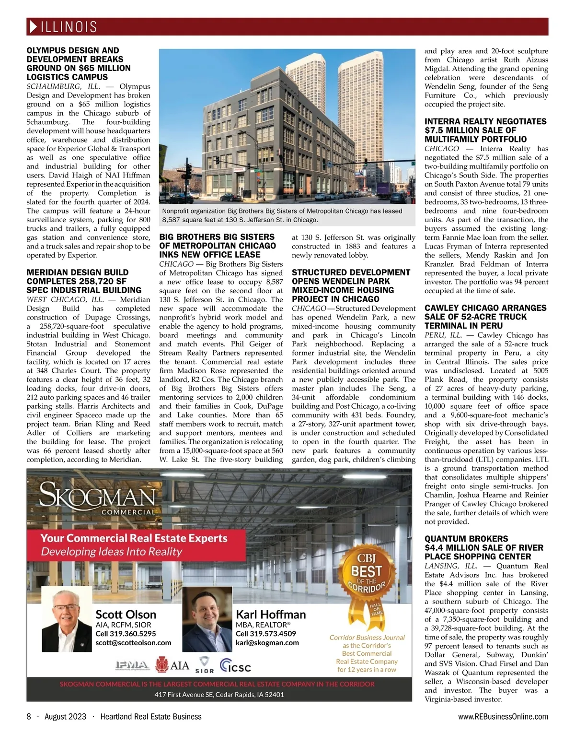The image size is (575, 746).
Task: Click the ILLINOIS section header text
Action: tap(69, 27)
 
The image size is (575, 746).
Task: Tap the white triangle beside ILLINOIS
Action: tap(33, 27)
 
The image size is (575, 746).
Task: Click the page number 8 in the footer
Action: tap(29, 716)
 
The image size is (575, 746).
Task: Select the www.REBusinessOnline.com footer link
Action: tap(503, 716)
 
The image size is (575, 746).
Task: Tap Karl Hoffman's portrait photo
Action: tap(207, 619)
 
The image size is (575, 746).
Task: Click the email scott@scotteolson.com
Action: tap(133, 643)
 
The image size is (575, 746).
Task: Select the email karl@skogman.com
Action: tap(267, 643)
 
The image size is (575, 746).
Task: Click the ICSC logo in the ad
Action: tap(235, 665)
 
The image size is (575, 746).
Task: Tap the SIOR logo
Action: tap(205, 665)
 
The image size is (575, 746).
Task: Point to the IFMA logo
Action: tap(132, 665)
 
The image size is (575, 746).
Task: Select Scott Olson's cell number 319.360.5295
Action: tap(126, 634)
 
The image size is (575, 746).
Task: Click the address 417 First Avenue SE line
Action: tap(219, 694)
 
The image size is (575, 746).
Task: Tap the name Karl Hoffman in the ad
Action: tap(271, 615)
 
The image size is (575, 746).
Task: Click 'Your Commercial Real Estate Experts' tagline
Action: tap(134, 538)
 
